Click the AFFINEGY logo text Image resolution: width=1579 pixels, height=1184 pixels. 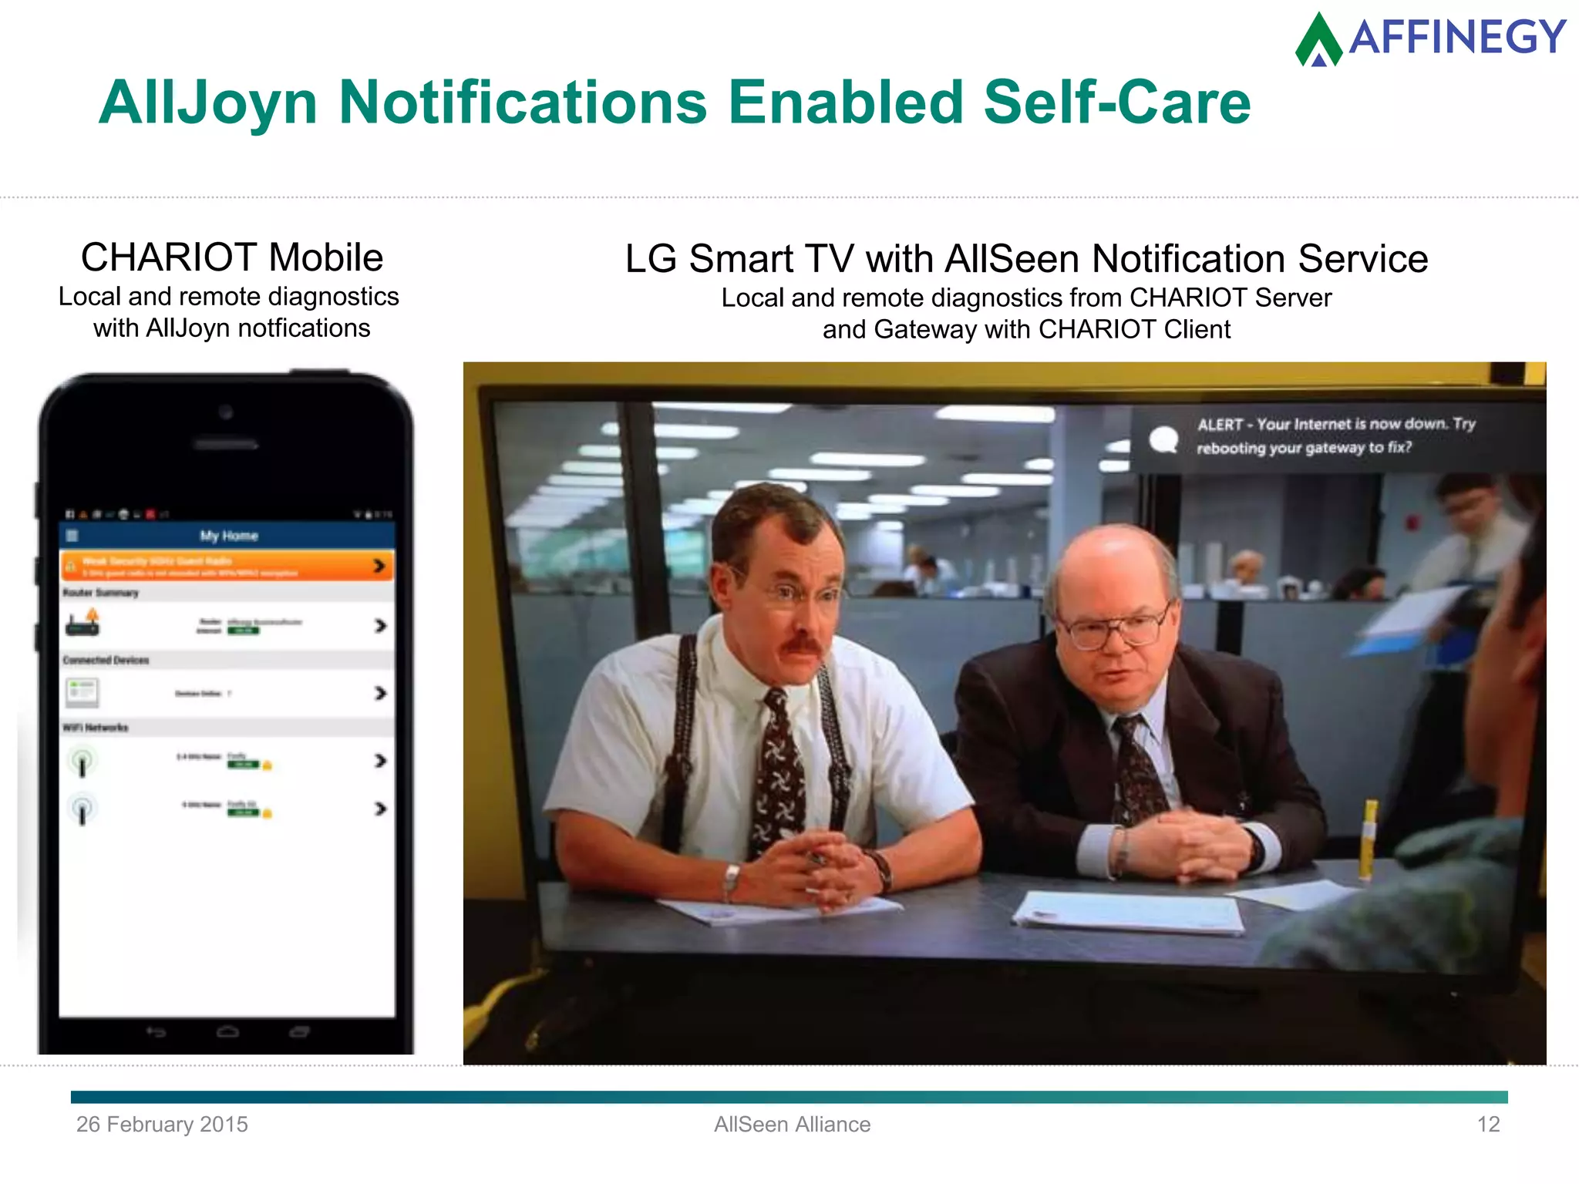(x=1456, y=37)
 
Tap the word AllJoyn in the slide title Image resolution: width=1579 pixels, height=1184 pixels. (x=208, y=103)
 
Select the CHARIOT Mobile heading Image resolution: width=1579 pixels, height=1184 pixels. (x=232, y=257)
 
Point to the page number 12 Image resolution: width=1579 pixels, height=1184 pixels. (x=1488, y=1125)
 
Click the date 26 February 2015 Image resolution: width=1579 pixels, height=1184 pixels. (x=162, y=1125)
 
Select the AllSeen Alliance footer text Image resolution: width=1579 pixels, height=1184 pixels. (x=792, y=1125)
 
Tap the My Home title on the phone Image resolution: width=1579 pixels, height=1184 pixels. (x=229, y=536)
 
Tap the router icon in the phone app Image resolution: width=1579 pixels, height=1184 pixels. (x=83, y=623)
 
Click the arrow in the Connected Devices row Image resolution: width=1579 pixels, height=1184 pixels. (x=380, y=693)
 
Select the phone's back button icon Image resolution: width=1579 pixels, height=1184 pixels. (x=157, y=1032)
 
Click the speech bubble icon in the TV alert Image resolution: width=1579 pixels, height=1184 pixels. (x=1163, y=439)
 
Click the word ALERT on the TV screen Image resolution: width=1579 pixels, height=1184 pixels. (x=1220, y=425)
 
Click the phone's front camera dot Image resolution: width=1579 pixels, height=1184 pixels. (x=226, y=412)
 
